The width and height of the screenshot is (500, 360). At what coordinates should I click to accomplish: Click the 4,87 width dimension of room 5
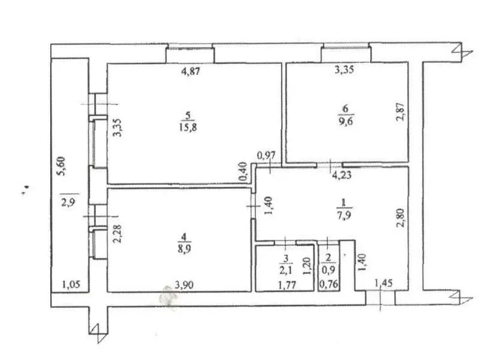pyautogui.click(x=191, y=71)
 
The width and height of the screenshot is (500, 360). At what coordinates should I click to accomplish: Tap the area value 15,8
pyautogui.click(x=188, y=127)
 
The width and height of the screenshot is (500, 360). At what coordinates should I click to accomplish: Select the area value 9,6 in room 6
pyautogui.click(x=346, y=121)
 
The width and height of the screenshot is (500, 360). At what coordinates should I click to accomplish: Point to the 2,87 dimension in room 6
pyautogui.click(x=401, y=111)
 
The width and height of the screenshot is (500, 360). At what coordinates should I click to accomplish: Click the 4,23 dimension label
pyautogui.click(x=342, y=175)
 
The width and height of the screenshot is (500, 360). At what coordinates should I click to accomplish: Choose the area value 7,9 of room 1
pyautogui.click(x=344, y=215)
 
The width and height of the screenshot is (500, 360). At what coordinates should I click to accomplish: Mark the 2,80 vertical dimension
pyautogui.click(x=401, y=218)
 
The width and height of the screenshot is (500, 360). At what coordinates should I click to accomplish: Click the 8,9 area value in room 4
pyautogui.click(x=184, y=249)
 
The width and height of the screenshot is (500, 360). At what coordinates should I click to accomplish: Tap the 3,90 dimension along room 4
pyautogui.click(x=184, y=285)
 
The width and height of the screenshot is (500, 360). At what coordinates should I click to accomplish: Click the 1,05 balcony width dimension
pyautogui.click(x=71, y=284)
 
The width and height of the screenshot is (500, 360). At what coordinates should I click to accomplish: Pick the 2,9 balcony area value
pyautogui.click(x=68, y=203)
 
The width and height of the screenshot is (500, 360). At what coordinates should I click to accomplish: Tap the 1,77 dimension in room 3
pyautogui.click(x=287, y=285)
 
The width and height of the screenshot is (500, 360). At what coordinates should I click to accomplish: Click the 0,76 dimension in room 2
pyautogui.click(x=329, y=283)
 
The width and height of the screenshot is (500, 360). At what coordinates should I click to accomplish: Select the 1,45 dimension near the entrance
pyautogui.click(x=383, y=283)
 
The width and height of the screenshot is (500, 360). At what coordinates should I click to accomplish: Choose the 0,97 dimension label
pyautogui.click(x=266, y=155)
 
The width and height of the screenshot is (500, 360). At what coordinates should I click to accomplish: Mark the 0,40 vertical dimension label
pyautogui.click(x=243, y=172)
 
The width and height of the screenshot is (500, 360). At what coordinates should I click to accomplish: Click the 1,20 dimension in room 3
pyautogui.click(x=307, y=266)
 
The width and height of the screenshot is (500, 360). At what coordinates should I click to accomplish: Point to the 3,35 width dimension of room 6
pyautogui.click(x=344, y=69)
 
